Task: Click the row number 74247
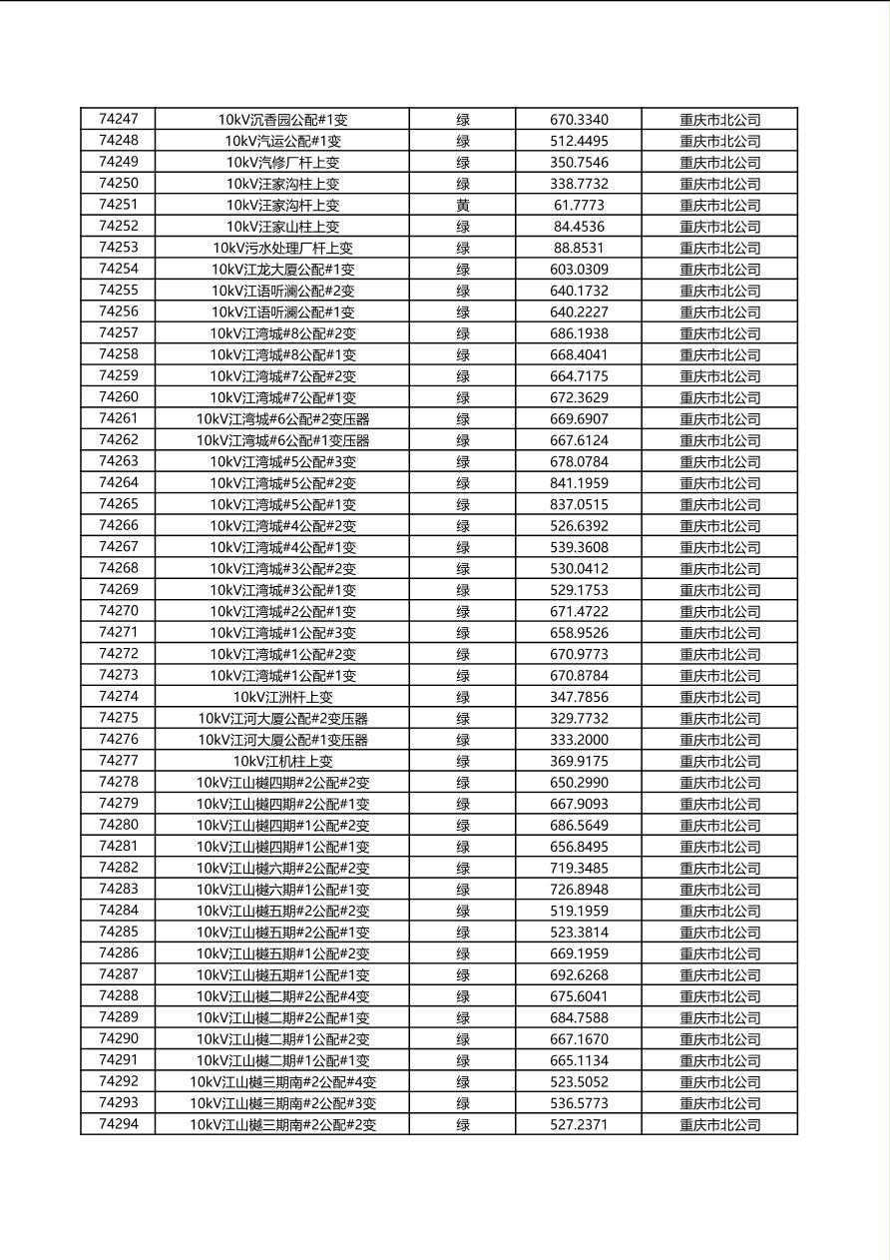pyautogui.click(x=119, y=119)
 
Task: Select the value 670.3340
pyautogui.click(x=579, y=120)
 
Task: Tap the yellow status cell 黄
pyautogui.click(x=463, y=205)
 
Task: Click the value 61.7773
pyautogui.click(x=579, y=205)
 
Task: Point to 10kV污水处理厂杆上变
pyautogui.click(x=282, y=248)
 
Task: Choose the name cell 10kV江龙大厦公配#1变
pyautogui.click(x=282, y=269)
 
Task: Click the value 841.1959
pyautogui.click(x=579, y=483)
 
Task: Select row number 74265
pyautogui.click(x=119, y=504)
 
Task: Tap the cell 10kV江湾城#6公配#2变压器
pyautogui.click(x=282, y=418)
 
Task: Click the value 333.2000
pyautogui.click(x=579, y=740)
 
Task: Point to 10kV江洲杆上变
pyautogui.click(x=282, y=697)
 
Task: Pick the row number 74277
pyautogui.click(x=119, y=761)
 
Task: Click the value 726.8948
pyautogui.click(x=579, y=890)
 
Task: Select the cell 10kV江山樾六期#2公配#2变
pyautogui.click(x=282, y=868)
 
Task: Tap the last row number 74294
pyautogui.click(x=119, y=1124)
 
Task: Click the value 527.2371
pyautogui.click(x=579, y=1124)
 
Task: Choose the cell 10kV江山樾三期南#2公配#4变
pyautogui.click(x=282, y=1081)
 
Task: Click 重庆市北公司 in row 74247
pyautogui.click(x=719, y=120)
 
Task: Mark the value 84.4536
pyautogui.click(x=579, y=227)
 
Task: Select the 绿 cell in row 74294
pyautogui.click(x=463, y=1124)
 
